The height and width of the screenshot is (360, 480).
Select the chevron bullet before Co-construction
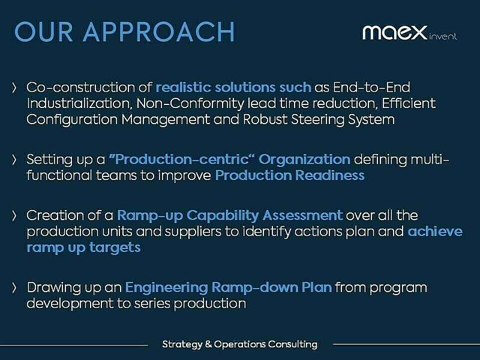click(x=14, y=88)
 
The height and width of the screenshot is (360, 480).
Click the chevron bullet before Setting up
click(x=14, y=160)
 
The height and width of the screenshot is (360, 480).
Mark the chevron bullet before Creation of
click(x=14, y=215)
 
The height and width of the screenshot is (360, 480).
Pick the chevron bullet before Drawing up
click(x=14, y=287)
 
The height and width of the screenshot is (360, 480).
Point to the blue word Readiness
click(x=331, y=176)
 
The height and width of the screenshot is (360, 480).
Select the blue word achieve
click(x=435, y=231)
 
